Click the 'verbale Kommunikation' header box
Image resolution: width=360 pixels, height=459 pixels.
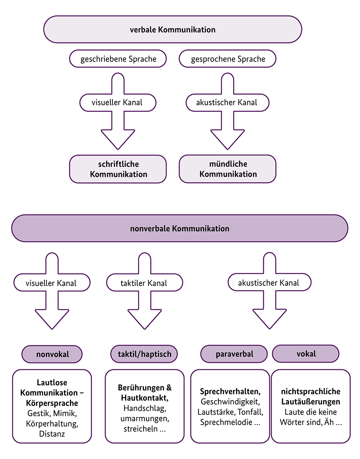[172, 30]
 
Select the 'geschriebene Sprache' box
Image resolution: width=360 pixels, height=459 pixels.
[118, 59]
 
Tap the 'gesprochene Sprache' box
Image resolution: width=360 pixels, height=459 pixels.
[228, 59]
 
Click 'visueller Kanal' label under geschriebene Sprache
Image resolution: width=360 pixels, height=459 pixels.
[118, 102]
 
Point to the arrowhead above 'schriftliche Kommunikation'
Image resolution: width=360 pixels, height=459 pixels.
[118, 140]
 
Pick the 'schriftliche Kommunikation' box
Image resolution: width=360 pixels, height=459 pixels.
[118, 169]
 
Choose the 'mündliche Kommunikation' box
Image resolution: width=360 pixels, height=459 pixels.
[228, 169]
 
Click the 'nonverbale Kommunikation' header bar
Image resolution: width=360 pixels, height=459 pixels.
[180, 228]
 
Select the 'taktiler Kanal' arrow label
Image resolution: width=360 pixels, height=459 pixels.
[144, 283]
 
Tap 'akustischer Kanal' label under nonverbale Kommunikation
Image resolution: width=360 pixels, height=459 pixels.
[269, 283]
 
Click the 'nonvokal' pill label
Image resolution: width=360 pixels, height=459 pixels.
[52, 354]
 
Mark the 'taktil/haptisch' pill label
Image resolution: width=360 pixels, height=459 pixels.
[144, 354]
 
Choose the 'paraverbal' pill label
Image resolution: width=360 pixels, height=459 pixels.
[234, 354]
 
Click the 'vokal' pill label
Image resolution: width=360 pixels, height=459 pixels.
[306, 354]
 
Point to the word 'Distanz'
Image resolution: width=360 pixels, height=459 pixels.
[52, 433]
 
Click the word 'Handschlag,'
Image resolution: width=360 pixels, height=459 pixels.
[144, 409]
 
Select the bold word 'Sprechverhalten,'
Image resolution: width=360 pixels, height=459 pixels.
[230, 391]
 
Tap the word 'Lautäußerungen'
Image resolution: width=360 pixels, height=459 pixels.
[310, 402]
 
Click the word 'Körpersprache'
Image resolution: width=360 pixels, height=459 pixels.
[52, 403]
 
